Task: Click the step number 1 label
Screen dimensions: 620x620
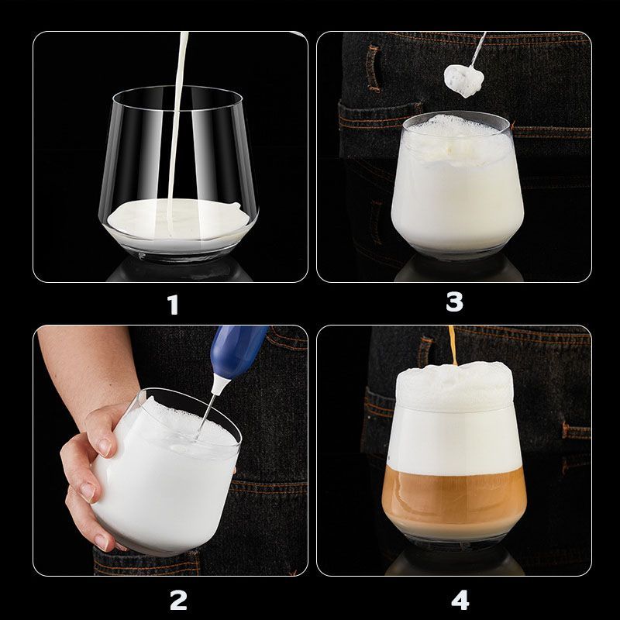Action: coord(173,305)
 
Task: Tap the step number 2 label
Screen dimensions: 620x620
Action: coord(178,601)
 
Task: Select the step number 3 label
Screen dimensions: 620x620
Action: coord(454,301)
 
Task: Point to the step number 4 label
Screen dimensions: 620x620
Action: coord(460,600)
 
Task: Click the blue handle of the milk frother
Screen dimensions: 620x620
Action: coord(238,350)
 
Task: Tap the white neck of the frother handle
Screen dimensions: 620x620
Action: coord(219,384)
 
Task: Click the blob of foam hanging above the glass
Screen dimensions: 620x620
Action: coord(463,81)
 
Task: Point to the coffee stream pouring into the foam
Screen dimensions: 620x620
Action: coord(453,345)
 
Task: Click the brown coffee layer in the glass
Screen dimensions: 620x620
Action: coord(454,495)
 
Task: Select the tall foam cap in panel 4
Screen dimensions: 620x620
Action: coord(454,387)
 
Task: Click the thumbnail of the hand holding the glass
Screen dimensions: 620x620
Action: coord(105,446)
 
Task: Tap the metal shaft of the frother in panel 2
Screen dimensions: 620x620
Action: coord(205,415)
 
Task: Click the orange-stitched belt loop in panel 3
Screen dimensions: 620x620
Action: coord(373,67)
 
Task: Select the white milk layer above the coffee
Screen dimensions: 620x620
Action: coord(454,439)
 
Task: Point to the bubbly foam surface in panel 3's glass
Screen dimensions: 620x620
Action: coord(456,139)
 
